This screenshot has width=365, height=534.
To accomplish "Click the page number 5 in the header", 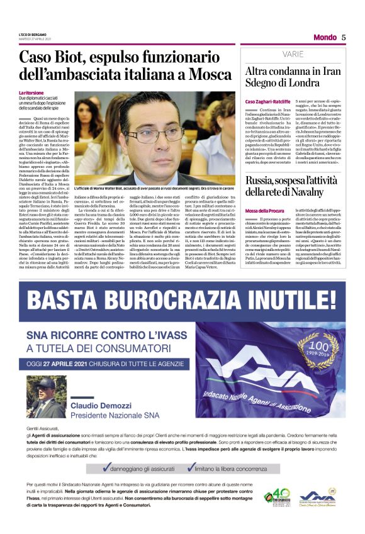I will (344, 37).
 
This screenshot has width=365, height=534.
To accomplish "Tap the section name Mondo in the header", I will (325, 37).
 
